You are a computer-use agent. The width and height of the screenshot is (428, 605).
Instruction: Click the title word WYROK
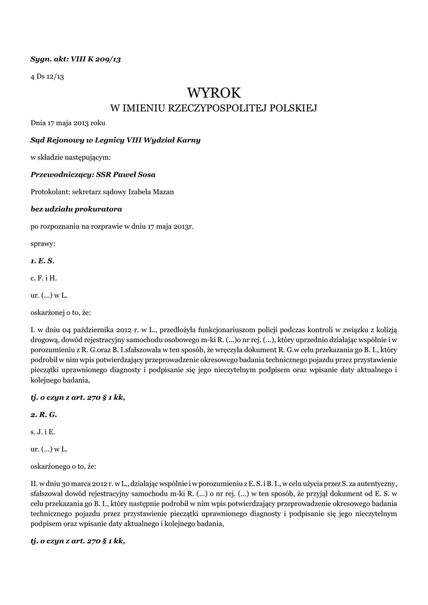pyautogui.click(x=214, y=93)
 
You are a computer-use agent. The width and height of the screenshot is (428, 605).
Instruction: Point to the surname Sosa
pyautogui.click(x=145, y=174)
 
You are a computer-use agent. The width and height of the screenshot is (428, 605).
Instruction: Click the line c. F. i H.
pyautogui.click(x=44, y=277)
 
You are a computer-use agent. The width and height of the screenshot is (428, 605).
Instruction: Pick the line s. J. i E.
pyautogui.click(x=43, y=431)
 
